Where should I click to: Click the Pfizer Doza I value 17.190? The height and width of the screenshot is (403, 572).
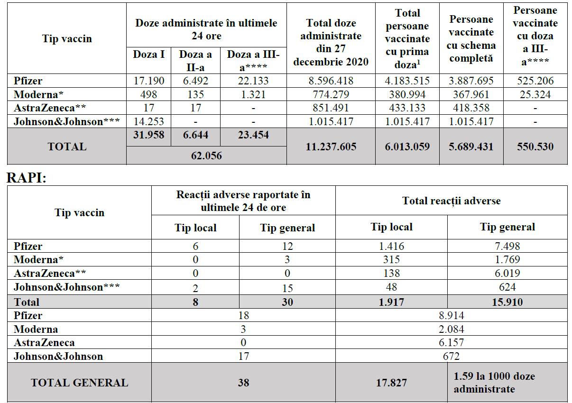[x=148, y=81]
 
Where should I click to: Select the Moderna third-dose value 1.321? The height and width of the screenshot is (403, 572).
[x=254, y=94]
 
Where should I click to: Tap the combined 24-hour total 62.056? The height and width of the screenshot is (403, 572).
[x=206, y=155]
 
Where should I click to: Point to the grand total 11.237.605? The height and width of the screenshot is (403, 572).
[x=331, y=147]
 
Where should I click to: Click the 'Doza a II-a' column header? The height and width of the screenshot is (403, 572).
[x=195, y=60]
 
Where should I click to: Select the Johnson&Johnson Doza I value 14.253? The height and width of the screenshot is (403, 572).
[x=148, y=121]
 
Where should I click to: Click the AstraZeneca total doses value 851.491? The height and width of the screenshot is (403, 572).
[x=331, y=108]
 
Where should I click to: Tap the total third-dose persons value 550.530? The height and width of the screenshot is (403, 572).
[x=535, y=147]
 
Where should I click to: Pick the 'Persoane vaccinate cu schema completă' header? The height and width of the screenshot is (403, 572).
[x=471, y=39]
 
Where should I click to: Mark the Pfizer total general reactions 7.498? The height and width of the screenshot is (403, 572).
[x=507, y=246]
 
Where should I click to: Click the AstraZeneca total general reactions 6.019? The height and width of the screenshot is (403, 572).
[x=507, y=274]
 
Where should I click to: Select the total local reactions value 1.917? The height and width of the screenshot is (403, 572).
[x=391, y=302]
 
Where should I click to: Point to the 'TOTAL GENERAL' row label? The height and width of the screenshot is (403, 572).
[x=79, y=383]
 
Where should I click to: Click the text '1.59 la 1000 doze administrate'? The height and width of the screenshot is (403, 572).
[x=494, y=383]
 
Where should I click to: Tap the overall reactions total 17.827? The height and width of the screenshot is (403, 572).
[x=391, y=383]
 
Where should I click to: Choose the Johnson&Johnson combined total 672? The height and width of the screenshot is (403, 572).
[x=451, y=356]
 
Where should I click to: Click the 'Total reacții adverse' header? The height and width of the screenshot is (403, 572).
[x=451, y=201]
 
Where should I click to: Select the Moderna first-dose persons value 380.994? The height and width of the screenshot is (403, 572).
[x=407, y=94]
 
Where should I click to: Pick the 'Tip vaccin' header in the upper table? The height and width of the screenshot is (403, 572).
[x=67, y=39]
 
